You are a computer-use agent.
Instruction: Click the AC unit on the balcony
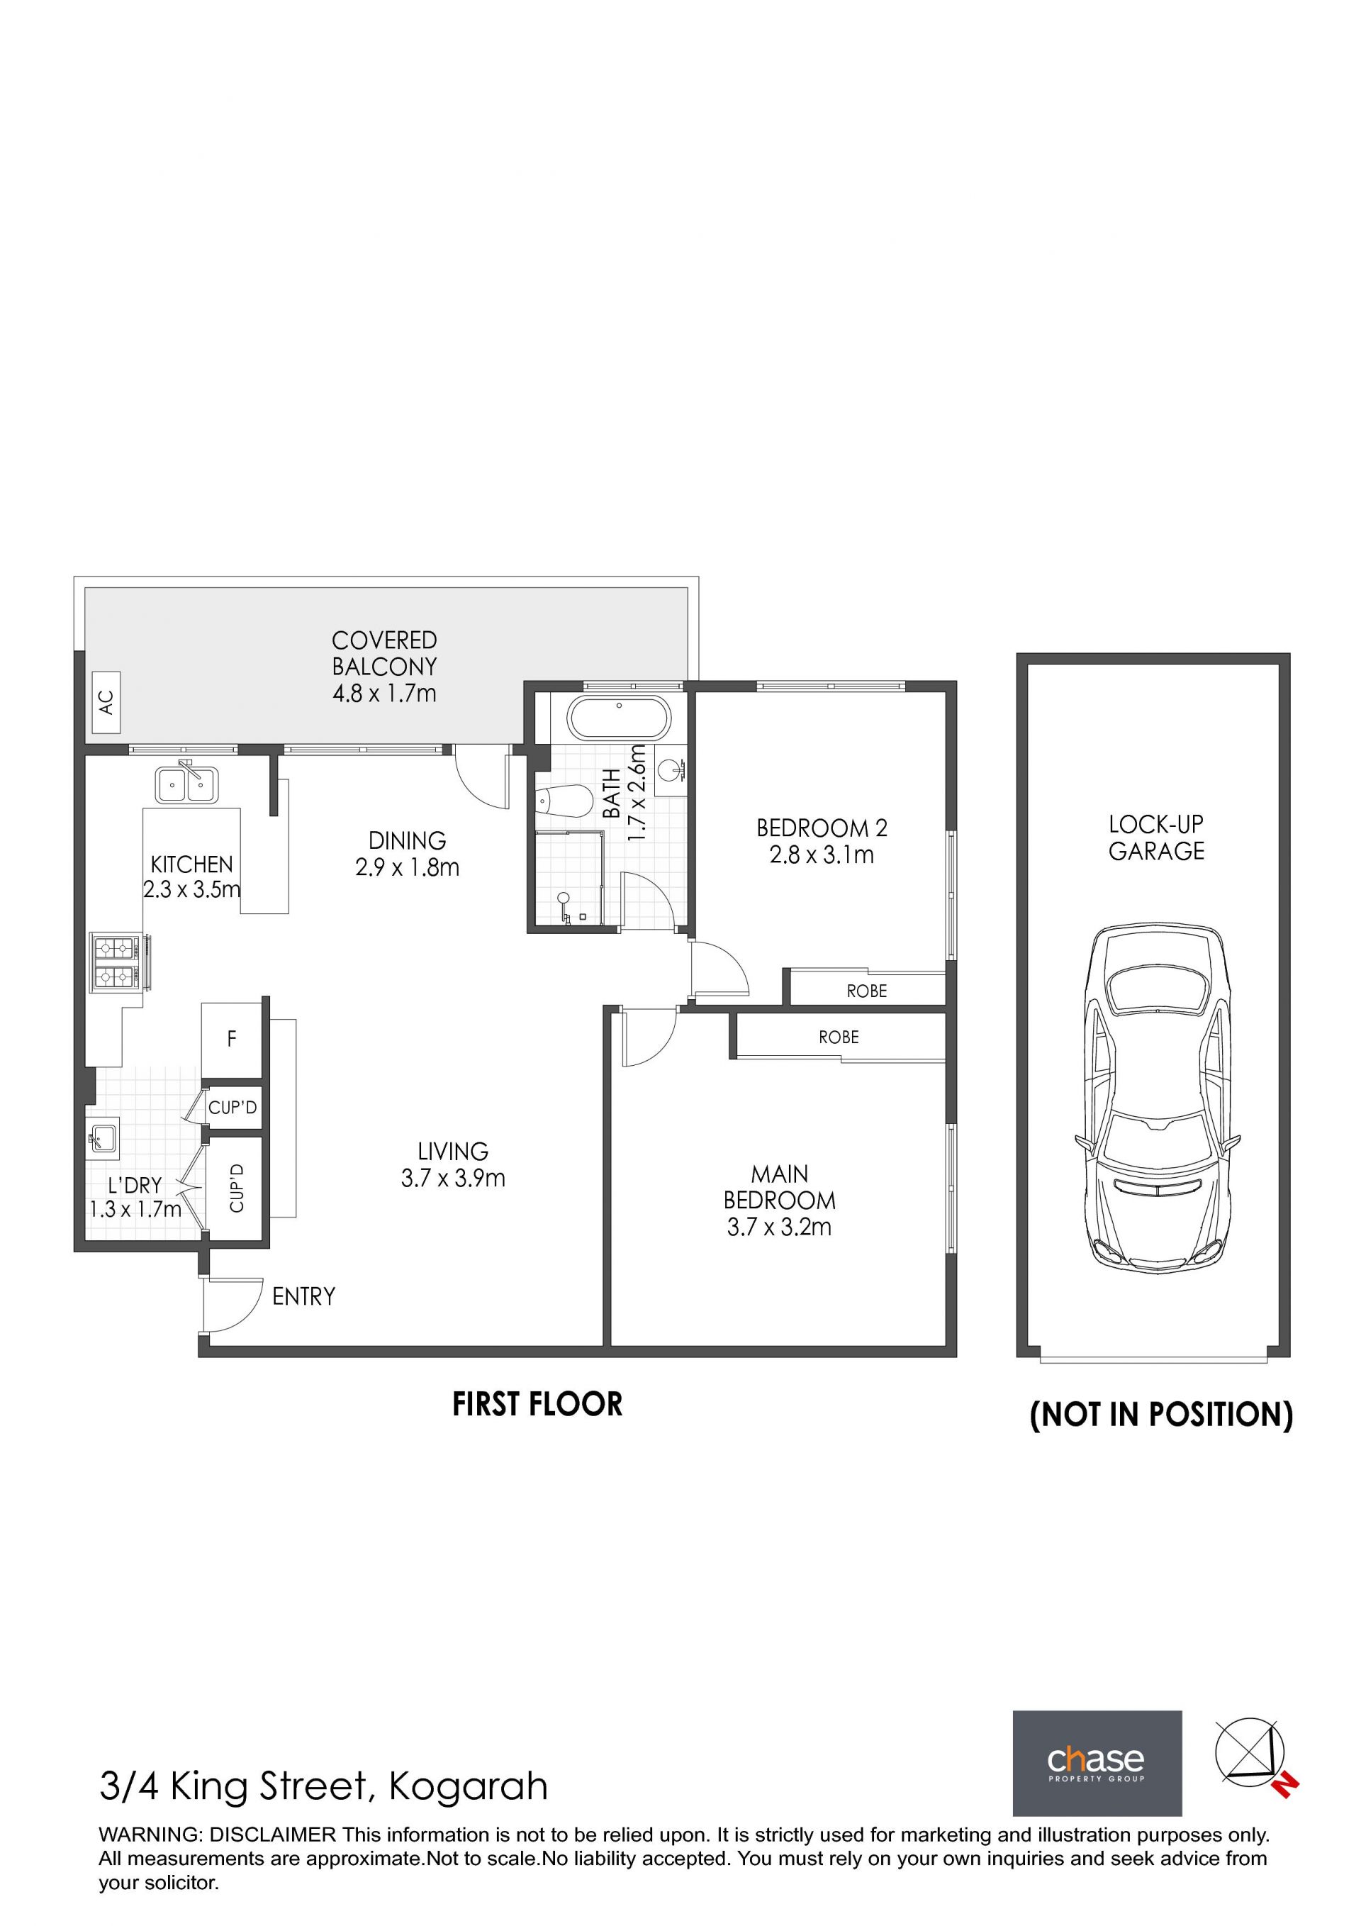(x=106, y=703)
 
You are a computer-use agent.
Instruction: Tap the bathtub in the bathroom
(x=619, y=718)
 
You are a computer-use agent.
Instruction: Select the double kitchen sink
(x=186, y=785)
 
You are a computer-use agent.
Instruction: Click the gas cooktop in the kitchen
(x=118, y=964)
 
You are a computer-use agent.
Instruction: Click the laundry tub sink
(x=103, y=1138)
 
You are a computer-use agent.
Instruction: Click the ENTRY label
(x=303, y=1297)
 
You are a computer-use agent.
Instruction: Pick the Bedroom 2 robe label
(x=866, y=991)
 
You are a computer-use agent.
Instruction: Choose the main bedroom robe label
(x=839, y=1037)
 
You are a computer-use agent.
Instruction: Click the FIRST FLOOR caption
(x=537, y=1404)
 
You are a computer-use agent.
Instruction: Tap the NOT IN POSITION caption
(x=1161, y=1414)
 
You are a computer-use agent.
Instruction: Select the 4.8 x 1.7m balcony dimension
(x=385, y=694)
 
